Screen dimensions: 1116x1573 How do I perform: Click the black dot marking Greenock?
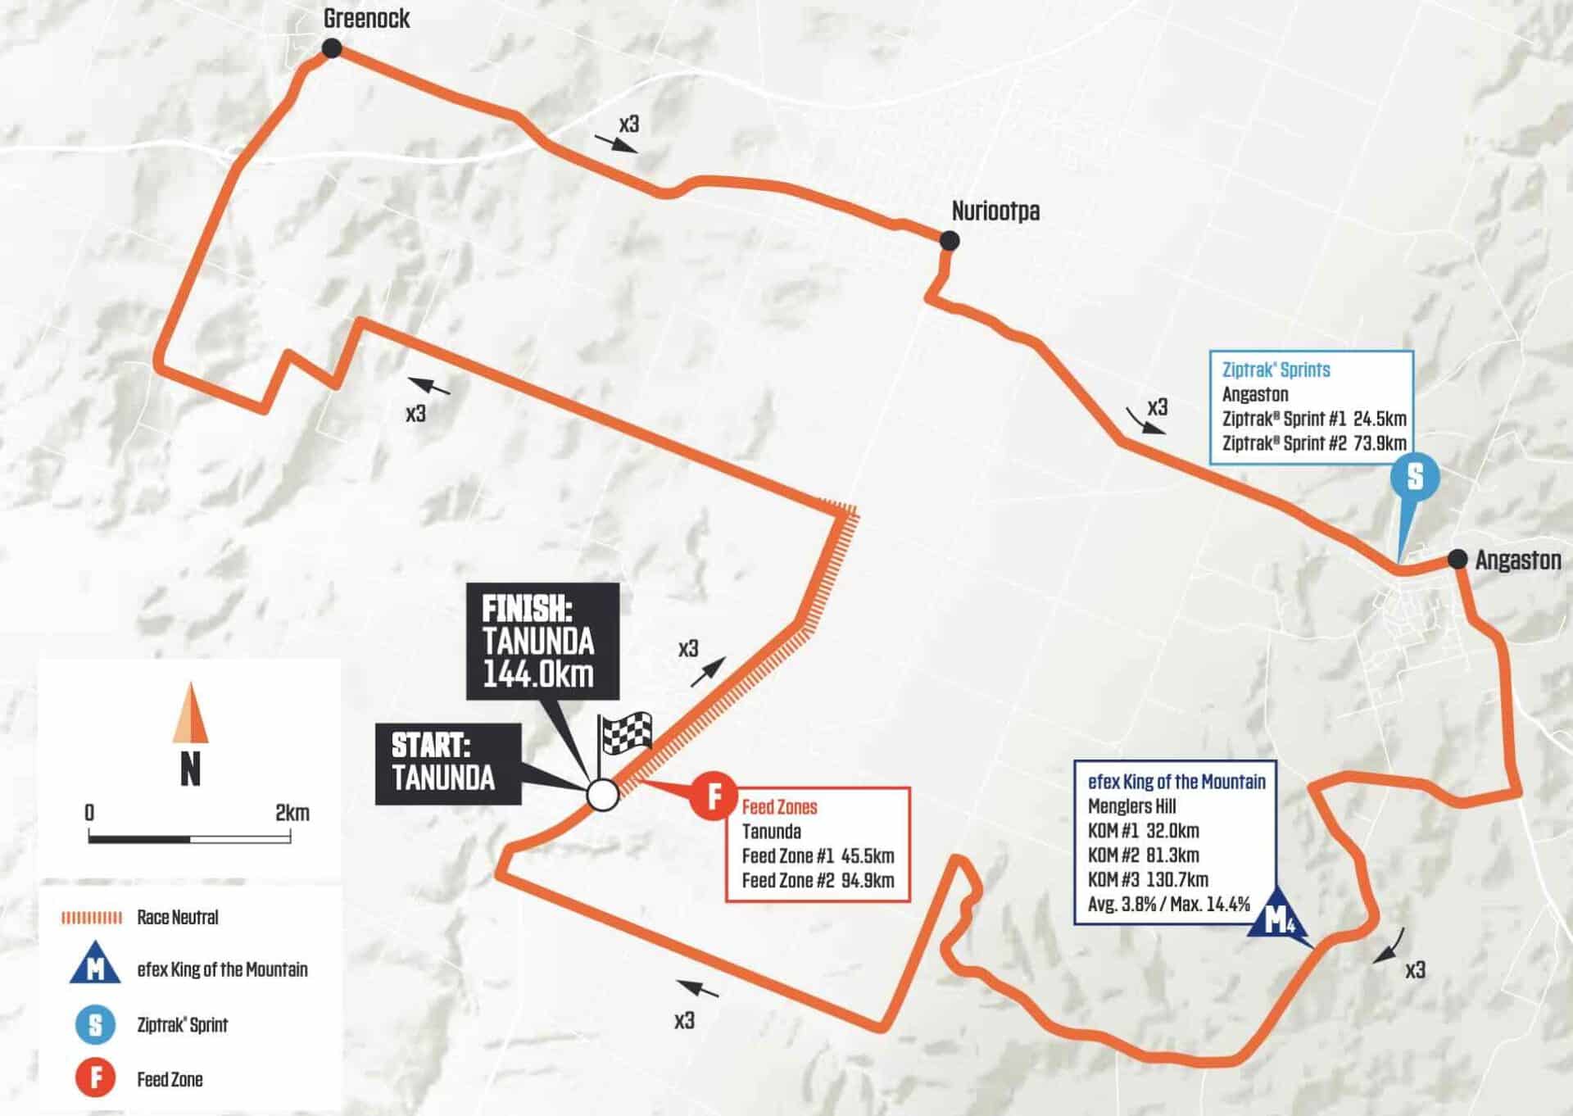[x=331, y=49]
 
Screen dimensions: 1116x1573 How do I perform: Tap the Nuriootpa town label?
[x=995, y=211]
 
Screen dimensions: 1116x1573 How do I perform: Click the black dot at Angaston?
[x=1457, y=559]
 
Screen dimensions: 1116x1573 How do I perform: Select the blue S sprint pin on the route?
[x=1415, y=478]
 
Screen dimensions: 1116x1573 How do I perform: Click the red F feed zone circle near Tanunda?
[x=713, y=796]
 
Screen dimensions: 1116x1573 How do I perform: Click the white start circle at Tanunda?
[x=602, y=794]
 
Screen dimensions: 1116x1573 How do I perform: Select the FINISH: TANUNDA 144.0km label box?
[x=542, y=641]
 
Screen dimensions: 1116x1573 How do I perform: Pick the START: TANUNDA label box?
[x=447, y=763]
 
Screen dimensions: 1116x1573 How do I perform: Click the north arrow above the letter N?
[x=190, y=713]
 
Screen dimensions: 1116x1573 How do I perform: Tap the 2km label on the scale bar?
[x=292, y=813]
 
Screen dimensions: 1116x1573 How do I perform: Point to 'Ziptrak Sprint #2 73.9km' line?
[x=1313, y=443]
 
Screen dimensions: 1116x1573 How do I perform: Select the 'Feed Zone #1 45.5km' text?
[x=818, y=856]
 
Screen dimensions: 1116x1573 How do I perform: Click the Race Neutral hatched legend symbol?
[x=92, y=918]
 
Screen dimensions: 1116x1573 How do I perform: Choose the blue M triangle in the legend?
[x=96, y=969]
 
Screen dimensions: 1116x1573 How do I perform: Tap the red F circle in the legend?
[x=96, y=1079]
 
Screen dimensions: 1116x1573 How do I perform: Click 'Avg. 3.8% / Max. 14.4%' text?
[x=1169, y=905]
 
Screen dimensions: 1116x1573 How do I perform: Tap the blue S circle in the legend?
[x=96, y=1024]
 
